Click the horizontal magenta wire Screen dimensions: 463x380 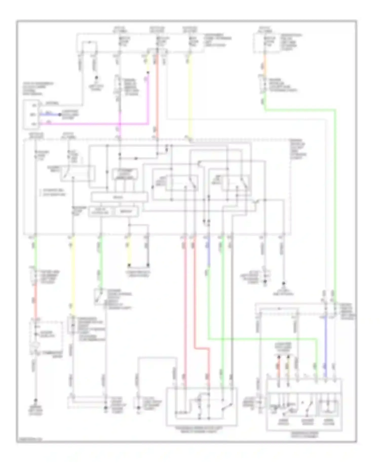tap(96, 124)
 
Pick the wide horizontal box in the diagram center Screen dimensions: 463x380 tap(119, 197)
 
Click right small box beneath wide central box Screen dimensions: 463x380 tap(127, 212)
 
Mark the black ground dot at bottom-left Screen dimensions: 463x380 tap(36, 400)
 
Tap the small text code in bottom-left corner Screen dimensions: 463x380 tap(29, 440)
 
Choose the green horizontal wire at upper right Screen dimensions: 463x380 tap(300, 110)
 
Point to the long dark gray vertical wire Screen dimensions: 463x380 tap(232, 304)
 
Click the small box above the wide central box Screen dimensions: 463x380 tap(125, 174)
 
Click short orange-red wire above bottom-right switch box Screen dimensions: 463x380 tap(278, 366)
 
